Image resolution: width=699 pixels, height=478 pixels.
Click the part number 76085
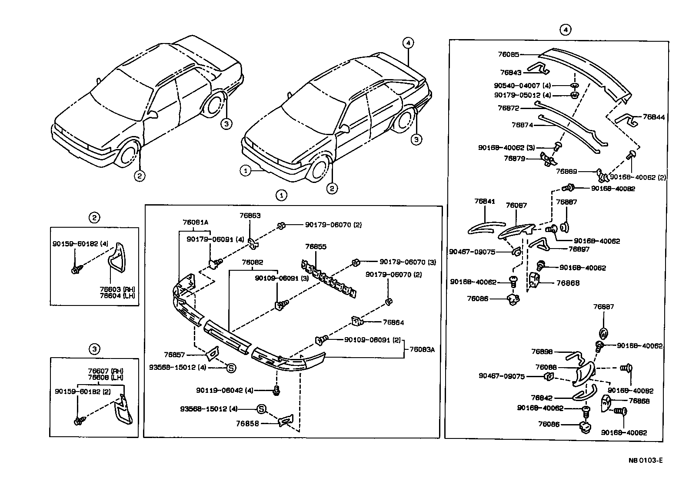(509, 55)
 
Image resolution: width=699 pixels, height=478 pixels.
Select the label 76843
(510, 73)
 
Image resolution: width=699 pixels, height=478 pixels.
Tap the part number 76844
(653, 117)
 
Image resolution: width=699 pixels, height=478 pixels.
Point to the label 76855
(316, 246)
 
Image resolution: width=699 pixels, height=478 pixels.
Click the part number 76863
(250, 216)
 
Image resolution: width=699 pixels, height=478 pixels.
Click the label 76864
(393, 322)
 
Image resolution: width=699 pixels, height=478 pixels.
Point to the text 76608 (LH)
(105, 377)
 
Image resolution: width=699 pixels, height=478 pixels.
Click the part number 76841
(485, 201)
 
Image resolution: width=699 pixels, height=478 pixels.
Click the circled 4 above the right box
(565, 30)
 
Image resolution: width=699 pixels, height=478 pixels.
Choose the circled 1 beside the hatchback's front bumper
(246, 171)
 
